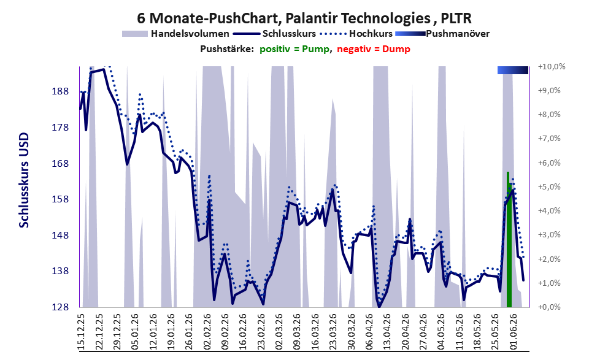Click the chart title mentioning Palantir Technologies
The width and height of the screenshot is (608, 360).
point(304,18)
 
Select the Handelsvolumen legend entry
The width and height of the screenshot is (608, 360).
point(175,34)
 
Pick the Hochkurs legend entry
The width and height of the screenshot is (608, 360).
point(356,34)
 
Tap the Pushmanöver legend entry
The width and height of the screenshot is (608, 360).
point(442,34)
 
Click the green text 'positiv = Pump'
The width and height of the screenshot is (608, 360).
point(294,49)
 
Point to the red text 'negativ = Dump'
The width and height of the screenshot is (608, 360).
point(374,49)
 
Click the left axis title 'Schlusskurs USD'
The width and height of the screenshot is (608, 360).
point(24,180)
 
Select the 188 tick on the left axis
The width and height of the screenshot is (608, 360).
point(60,91)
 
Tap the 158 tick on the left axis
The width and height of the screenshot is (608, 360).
point(60,199)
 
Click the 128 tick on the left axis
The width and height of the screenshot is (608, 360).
point(60,307)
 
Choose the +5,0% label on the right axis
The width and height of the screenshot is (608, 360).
point(549,187)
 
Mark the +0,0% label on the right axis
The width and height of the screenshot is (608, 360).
point(549,307)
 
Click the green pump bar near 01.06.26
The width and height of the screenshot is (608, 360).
point(509,239)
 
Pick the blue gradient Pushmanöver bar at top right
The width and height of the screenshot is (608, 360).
point(513,70)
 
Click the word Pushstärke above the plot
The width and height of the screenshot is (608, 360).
point(227,49)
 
